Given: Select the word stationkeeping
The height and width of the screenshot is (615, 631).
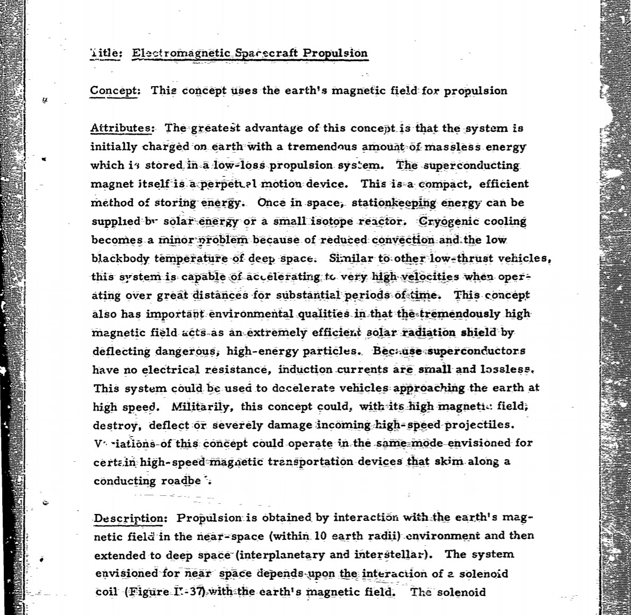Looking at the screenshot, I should coord(394,203).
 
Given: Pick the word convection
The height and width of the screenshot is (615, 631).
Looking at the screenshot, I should coord(403,240).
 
